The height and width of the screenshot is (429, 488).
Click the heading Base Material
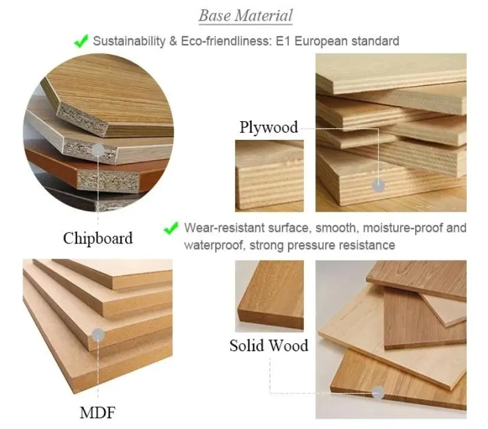coord(246,16)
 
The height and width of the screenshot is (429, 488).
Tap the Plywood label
coord(269,127)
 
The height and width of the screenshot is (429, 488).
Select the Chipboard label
coord(97,238)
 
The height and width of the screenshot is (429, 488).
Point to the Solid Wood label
coord(269,346)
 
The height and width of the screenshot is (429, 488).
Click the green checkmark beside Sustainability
coord(81,41)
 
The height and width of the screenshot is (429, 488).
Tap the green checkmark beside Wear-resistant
coord(172,229)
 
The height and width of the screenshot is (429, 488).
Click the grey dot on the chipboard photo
coord(98,150)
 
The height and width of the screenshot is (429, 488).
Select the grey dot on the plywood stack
coord(379,186)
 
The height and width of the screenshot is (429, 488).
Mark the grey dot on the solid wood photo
coord(379,392)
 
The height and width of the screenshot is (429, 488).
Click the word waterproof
coord(210,245)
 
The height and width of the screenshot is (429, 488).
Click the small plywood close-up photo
coord(269,175)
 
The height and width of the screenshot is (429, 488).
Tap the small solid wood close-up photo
coord(269,295)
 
